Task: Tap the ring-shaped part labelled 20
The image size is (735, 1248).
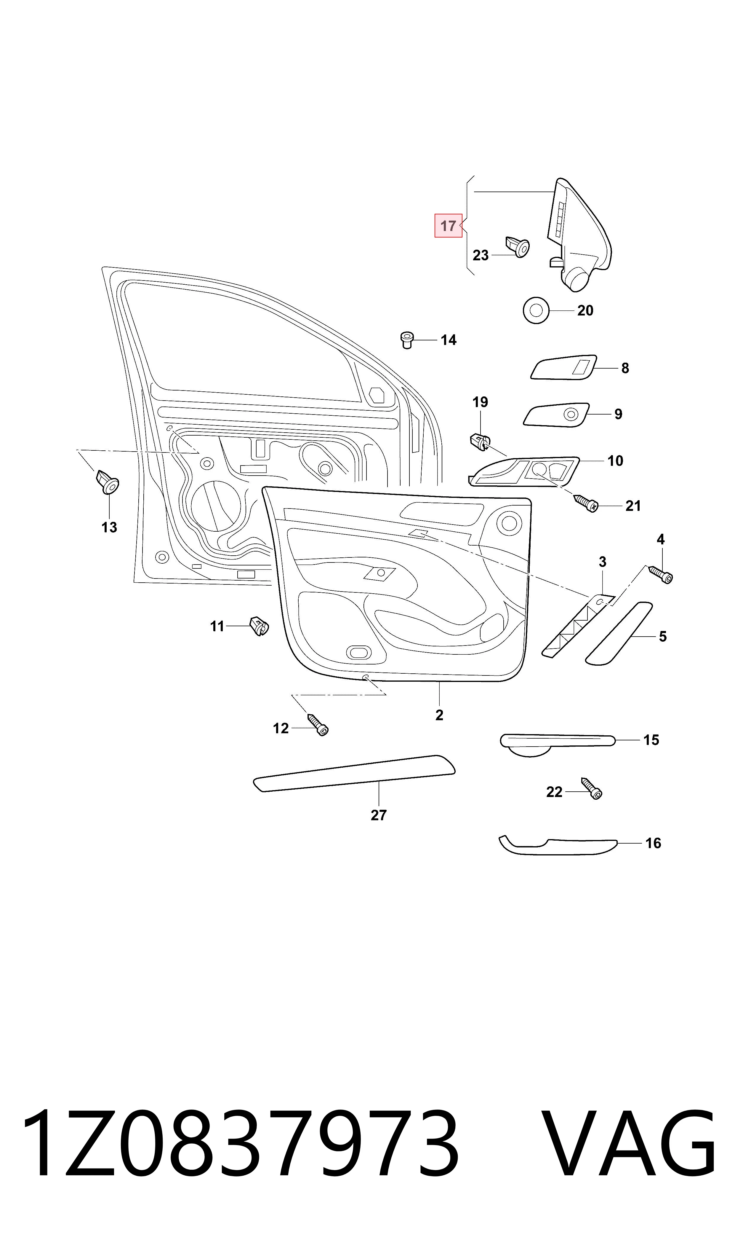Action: (x=536, y=310)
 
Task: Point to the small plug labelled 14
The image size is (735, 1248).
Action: (x=407, y=340)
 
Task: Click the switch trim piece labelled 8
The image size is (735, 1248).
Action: (x=564, y=367)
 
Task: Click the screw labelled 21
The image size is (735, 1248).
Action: (x=586, y=503)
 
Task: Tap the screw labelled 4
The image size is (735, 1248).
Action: (x=660, y=574)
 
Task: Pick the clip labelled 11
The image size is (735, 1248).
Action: (x=259, y=626)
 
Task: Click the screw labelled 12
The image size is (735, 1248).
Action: (x=318, y=725)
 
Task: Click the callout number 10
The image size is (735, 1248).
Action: (x=615, y=461)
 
